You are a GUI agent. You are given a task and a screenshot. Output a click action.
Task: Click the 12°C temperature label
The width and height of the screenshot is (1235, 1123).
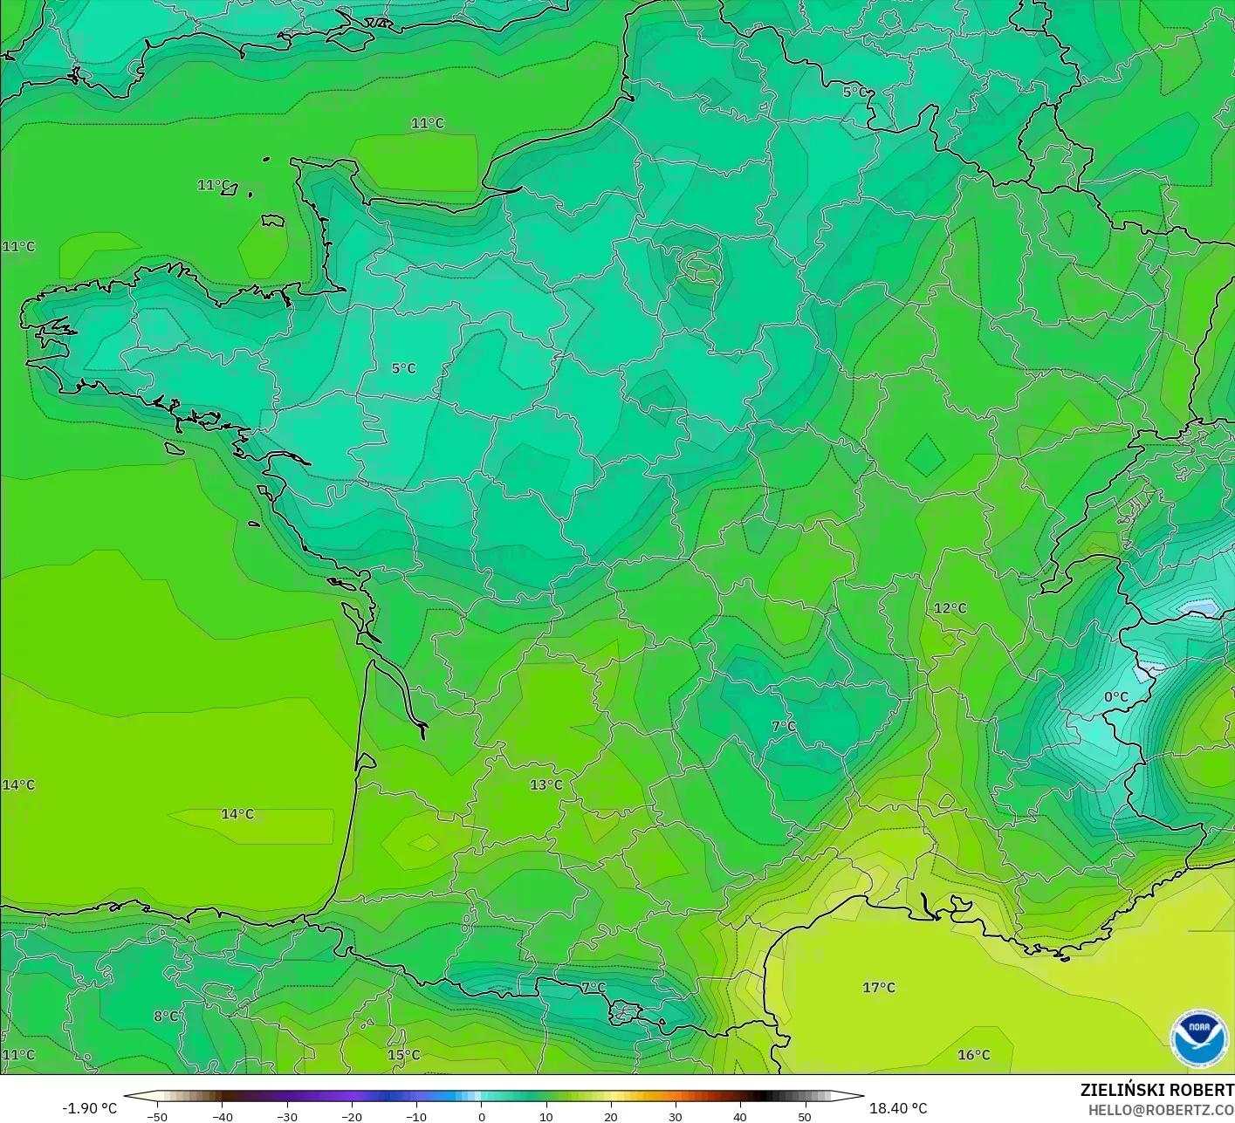click(950, 608)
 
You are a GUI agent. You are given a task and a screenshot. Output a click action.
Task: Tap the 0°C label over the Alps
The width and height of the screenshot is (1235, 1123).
click(1115, 697)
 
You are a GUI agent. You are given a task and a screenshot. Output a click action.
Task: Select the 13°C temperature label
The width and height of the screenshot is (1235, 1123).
click(546, 784)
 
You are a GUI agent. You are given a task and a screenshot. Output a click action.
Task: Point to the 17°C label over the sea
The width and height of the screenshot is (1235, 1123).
click(879, 988)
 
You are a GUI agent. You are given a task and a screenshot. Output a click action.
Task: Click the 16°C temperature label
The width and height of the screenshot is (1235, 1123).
click(973, 1055)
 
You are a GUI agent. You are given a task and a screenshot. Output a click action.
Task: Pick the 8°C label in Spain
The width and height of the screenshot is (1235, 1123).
click(166, 1016)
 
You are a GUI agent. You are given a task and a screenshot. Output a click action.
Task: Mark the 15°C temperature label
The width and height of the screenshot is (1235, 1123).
click(403, 1055)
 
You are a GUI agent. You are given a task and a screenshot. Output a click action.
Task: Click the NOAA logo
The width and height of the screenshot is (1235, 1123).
click(1198, 1038)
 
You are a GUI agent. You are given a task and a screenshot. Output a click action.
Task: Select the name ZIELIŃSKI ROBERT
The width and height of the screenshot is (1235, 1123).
click(1156, 1090)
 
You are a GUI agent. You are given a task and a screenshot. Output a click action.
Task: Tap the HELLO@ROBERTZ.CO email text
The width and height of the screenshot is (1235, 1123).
click(1161, 1109)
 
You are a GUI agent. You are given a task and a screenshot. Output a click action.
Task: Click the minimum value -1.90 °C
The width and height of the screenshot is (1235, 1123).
click(89, 1108)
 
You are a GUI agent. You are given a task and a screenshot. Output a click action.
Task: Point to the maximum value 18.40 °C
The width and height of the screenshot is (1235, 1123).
click(898, 1108)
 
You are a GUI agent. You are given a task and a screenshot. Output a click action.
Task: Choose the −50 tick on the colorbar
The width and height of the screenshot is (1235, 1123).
click(157, 1116)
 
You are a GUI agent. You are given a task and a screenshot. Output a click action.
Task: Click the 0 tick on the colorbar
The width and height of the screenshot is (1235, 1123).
click(481, 1116)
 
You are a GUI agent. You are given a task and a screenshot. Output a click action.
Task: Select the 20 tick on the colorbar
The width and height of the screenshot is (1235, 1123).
click(610, 1116)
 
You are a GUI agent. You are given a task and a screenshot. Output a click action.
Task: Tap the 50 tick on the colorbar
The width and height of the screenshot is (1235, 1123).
click(804, 1116)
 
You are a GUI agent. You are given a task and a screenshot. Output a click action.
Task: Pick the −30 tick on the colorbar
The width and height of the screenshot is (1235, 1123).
click(286, 1116)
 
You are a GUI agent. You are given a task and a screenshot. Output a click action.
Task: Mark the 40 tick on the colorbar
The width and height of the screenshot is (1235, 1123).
click(739, 1116)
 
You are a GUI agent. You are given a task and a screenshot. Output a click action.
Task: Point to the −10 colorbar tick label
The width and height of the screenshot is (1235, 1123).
click(415, 1116)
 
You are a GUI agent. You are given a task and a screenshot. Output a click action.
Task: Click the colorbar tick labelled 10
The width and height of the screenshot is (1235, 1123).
click(545, 1116)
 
